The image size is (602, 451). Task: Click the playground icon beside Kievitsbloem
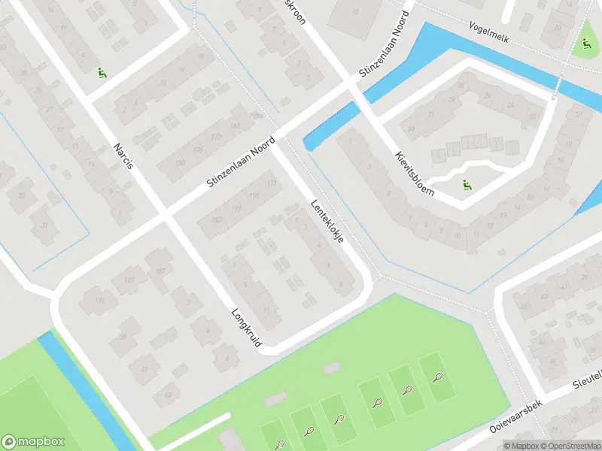[466, 184]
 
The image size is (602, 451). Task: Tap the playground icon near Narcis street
[101, 73]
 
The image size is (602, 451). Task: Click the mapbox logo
[33, 442]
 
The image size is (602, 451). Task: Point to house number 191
[100, 300]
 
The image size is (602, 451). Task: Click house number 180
[180, 162]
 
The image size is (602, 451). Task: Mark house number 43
[167, 395]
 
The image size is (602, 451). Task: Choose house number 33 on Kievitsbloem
[411, 129]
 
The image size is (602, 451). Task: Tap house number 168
[235, 126]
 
